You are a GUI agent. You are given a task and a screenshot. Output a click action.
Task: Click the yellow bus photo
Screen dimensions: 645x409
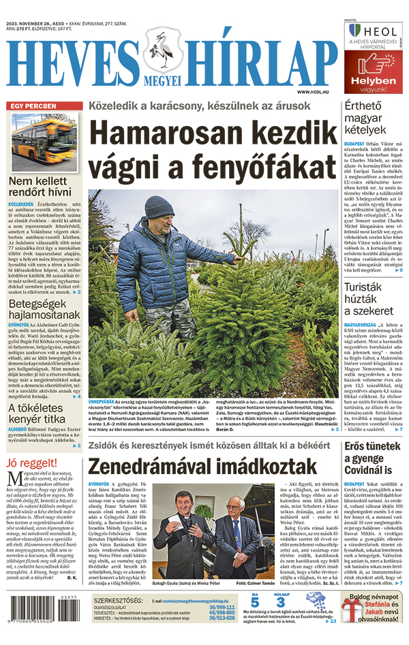tap(44, 142)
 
